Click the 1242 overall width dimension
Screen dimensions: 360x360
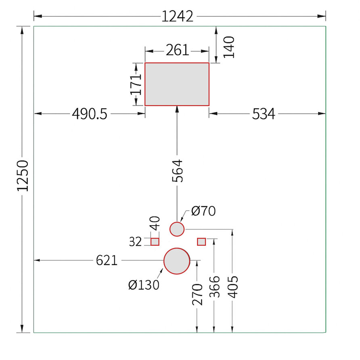(x=178, y=17)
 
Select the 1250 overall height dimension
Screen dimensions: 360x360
(x=23, y=176)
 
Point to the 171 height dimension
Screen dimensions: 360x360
(x=136, y=84)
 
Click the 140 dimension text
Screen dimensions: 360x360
(x=229, y=47)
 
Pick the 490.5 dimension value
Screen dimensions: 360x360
(x=90, y=114)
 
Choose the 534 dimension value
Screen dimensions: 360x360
(x=264, y=114)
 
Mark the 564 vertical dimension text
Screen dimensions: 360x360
(x=177, y=171)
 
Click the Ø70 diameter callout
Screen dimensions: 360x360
(x=203, y=211)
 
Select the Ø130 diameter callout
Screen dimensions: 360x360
(x=144, y=285)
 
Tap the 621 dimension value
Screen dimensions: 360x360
(x=107, y=261)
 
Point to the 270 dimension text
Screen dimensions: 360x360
(x=197, y=295)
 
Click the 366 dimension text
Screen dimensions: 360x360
(x=215, y=287)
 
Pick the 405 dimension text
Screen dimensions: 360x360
(x=233, y=287)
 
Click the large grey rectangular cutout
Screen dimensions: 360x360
(x=177, y=84)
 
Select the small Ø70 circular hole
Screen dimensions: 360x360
(x=177, y=229)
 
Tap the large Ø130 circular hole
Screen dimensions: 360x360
(x=177, y=261)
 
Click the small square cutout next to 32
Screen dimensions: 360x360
(x=155, y=242)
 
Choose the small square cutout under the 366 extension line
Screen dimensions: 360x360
(x=201, y=242)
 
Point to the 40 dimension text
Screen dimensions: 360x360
(x=155, y=223)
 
